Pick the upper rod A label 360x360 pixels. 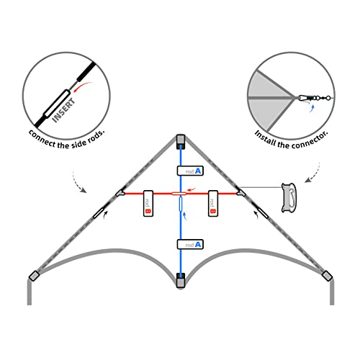[189, 171]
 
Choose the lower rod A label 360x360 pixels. [189, 244]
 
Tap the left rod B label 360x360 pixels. [148, 203]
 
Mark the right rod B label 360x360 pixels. [213, 203]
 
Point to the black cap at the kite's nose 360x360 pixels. [180, 139]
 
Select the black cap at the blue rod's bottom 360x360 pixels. [180, 278]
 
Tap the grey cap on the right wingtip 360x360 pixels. [328, 276]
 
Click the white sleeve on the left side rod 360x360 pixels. [97, 215]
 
